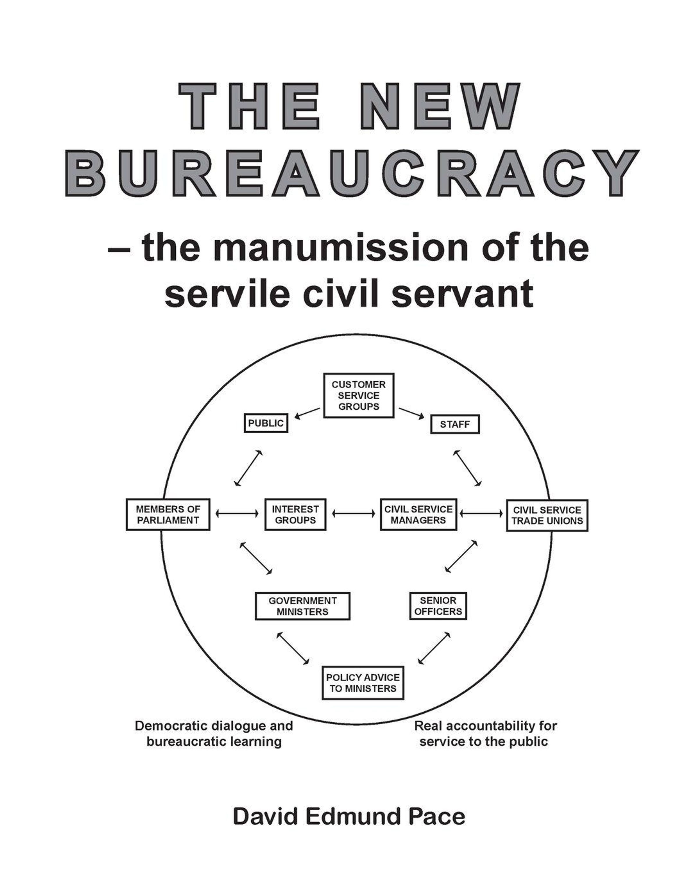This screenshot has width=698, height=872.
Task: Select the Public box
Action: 266,423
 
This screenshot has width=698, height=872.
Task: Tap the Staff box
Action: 455,424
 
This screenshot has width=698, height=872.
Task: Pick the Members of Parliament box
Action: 168,514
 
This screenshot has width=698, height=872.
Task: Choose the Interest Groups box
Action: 295,514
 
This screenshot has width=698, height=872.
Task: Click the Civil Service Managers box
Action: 419,514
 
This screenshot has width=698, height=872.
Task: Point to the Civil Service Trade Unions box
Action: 547,515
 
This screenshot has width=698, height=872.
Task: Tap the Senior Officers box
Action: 438,606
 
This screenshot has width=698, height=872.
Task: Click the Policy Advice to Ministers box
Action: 363,683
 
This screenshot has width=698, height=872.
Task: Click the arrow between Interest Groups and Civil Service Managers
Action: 353,514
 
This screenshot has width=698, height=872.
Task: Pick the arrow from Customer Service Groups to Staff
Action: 412,413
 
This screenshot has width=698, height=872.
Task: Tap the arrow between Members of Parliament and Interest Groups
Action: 237,514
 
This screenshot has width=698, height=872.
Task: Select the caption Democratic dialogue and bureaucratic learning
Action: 214,734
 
